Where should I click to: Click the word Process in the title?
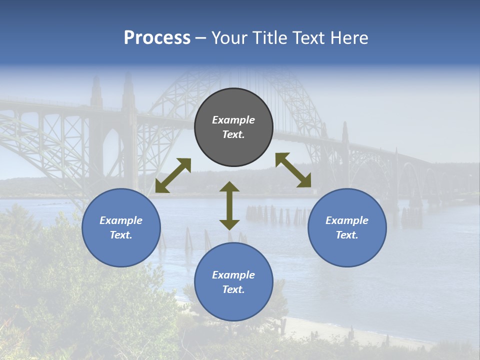(157, 38)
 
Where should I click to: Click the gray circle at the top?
(233, 127)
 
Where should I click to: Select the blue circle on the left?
(121, 227)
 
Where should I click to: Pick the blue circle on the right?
(347, 227)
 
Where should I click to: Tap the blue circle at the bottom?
(233, 281)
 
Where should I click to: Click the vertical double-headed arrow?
(229, 205)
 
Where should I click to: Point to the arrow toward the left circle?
(173, 175)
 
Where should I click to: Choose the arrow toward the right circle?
(293, 170)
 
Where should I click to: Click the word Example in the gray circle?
(233, 120)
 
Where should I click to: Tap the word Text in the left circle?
(121, 235)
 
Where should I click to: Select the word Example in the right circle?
(347, 220)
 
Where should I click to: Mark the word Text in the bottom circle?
(233, 289)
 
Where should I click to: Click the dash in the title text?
(201, 38)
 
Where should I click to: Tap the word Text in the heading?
(309, 38)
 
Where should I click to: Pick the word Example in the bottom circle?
(233, 275)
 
